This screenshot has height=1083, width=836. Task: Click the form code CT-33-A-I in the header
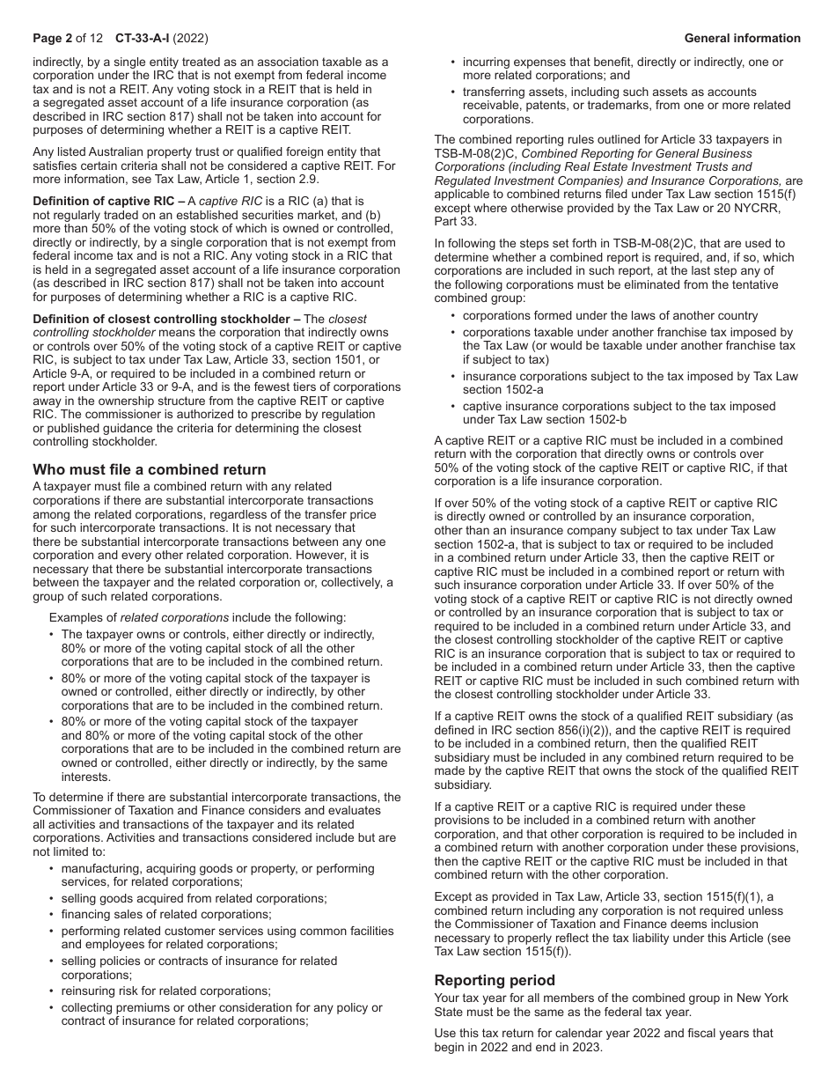pos(144,38)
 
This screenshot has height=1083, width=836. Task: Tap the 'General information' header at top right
pos(742,38)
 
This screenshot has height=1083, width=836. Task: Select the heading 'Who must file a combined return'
pos(149,469)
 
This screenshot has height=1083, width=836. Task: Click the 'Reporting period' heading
pos(495,980)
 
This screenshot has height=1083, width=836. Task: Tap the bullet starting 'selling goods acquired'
pos(194,898)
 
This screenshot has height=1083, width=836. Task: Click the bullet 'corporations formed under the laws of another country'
pos(610,315)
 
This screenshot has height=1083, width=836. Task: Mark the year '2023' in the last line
pos(588,1047)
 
